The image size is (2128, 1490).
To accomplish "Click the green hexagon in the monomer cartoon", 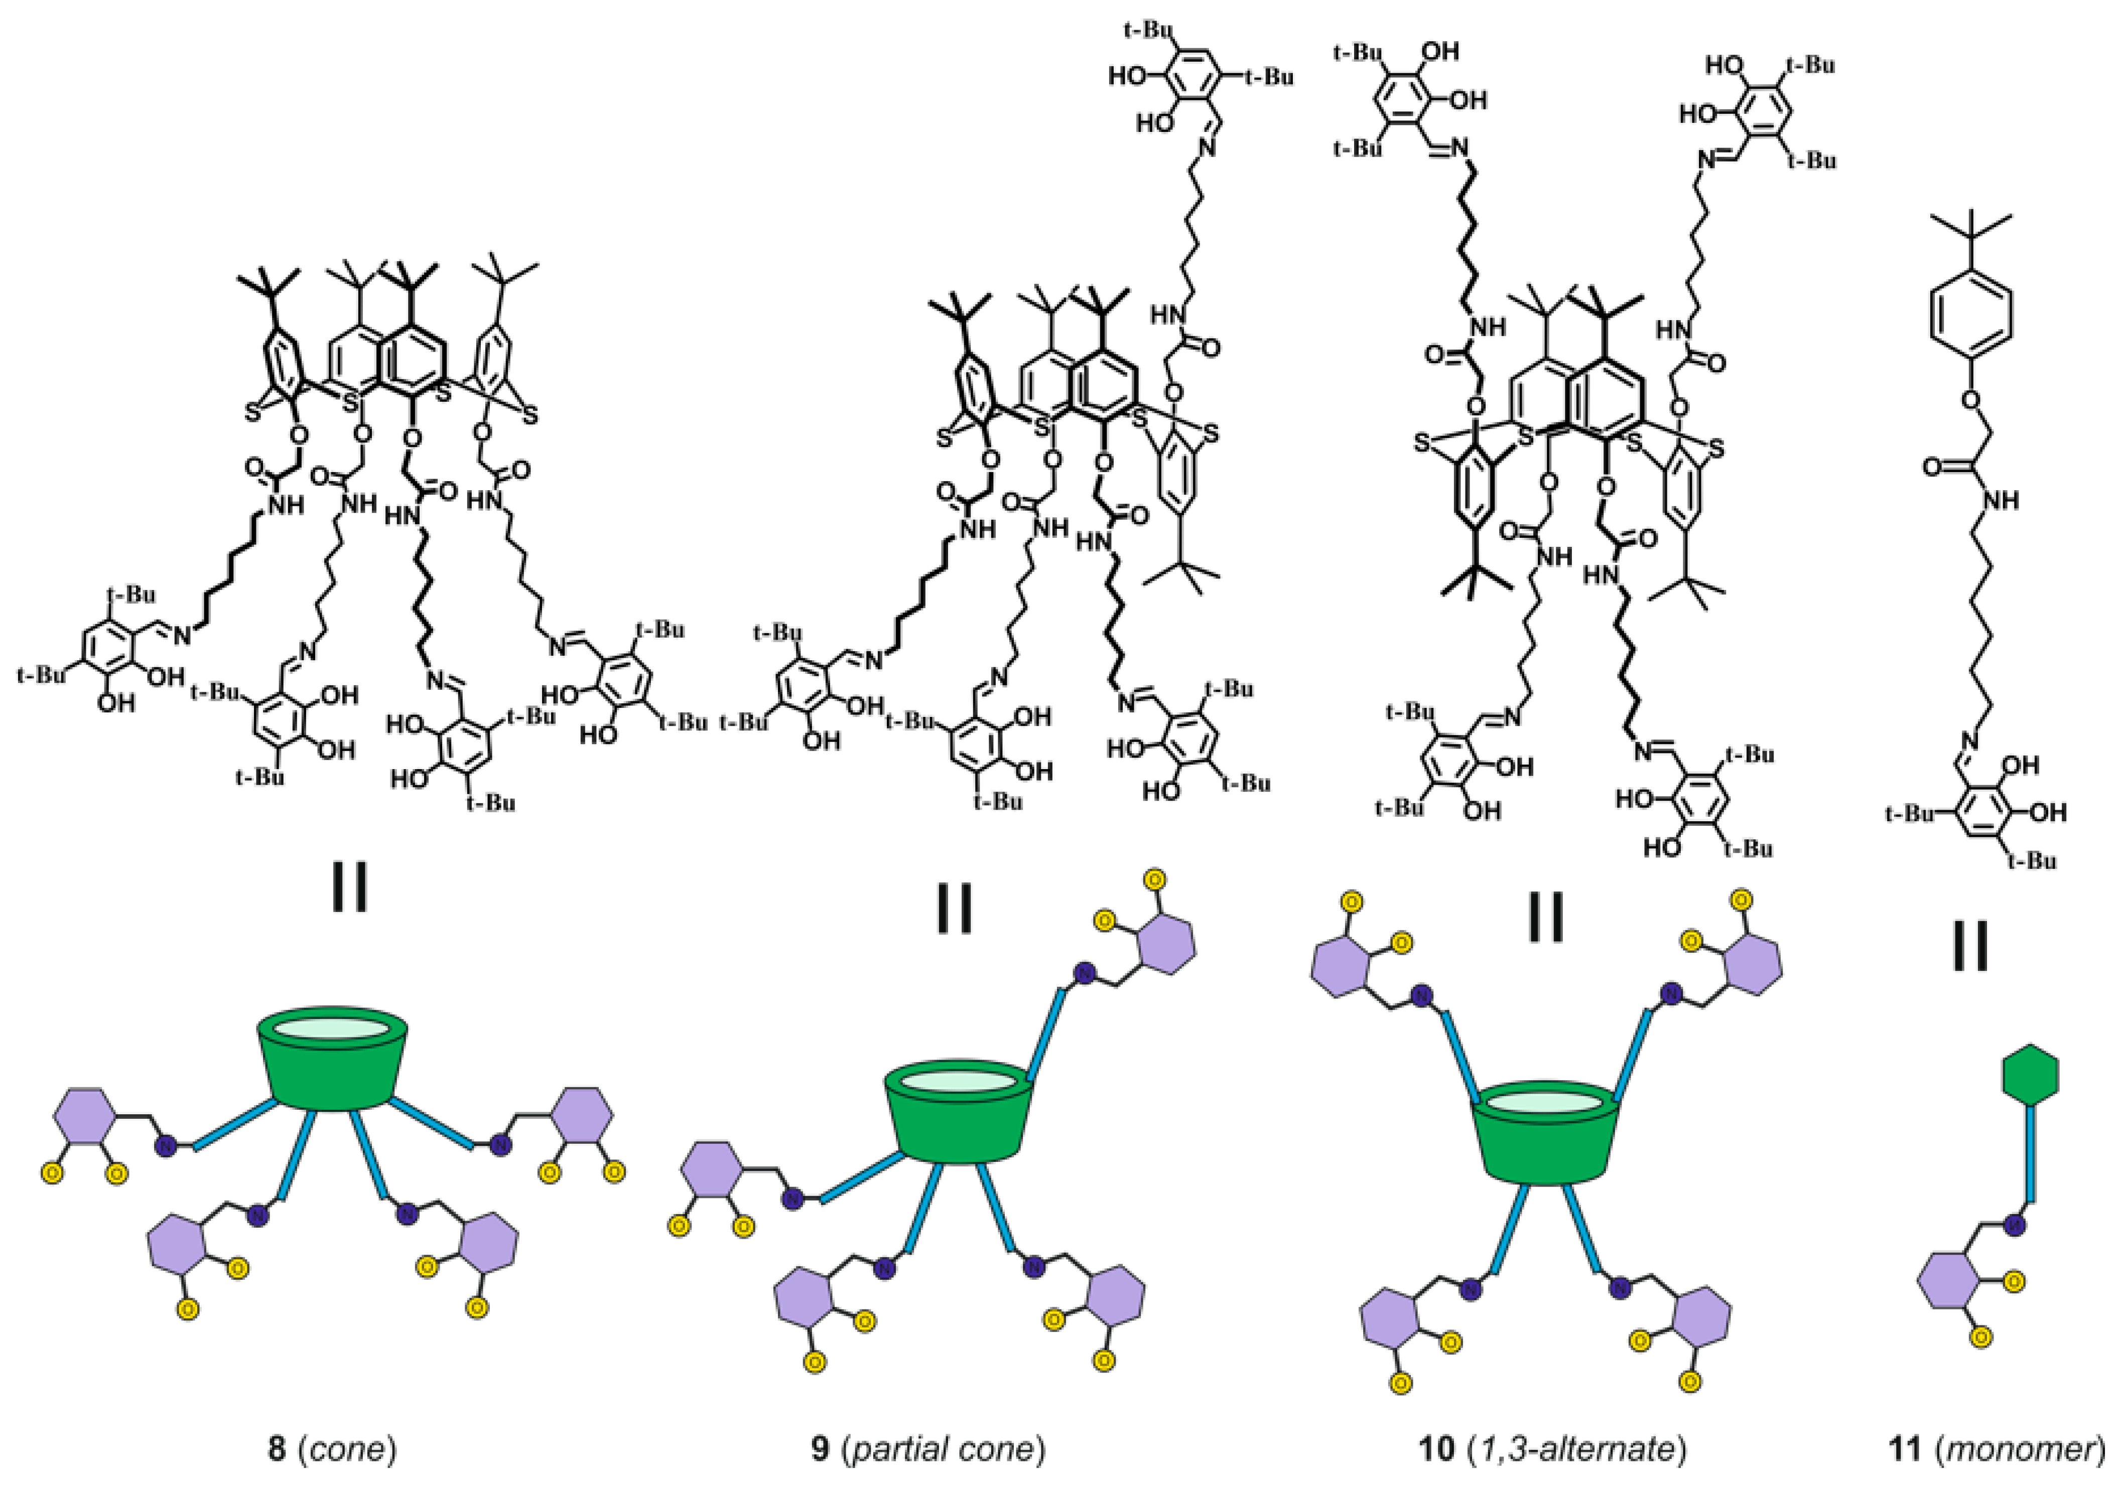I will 2030,1075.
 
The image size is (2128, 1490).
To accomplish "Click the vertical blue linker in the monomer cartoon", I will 2030,1154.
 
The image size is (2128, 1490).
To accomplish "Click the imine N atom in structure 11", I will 1968,740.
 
